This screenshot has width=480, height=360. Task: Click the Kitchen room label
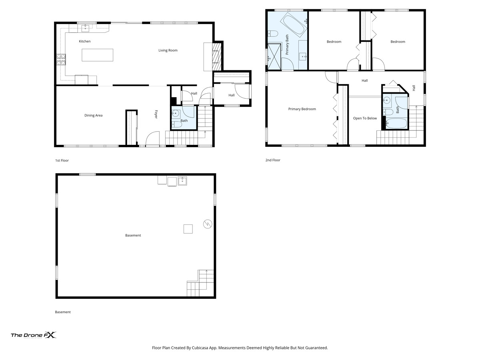85,41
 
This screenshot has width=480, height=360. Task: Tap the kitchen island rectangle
97,55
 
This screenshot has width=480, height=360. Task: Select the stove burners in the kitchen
61,60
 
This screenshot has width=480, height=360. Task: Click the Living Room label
168,50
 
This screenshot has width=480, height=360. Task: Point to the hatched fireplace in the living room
217,57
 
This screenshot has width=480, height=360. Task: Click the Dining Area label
93,115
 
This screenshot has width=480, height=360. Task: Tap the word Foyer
156,114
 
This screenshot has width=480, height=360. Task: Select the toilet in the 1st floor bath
177,124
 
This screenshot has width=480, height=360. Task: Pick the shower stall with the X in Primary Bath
274,57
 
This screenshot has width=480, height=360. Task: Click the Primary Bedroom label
302,109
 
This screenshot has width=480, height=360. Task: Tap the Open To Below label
365,118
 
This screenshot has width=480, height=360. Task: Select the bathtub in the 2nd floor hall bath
396,124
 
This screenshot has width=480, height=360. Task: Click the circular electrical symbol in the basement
208,224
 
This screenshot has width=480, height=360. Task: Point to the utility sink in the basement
182,181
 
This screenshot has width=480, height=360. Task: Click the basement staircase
200,283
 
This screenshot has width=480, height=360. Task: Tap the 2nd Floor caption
273,160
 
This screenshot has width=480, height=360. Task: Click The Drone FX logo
34,335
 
